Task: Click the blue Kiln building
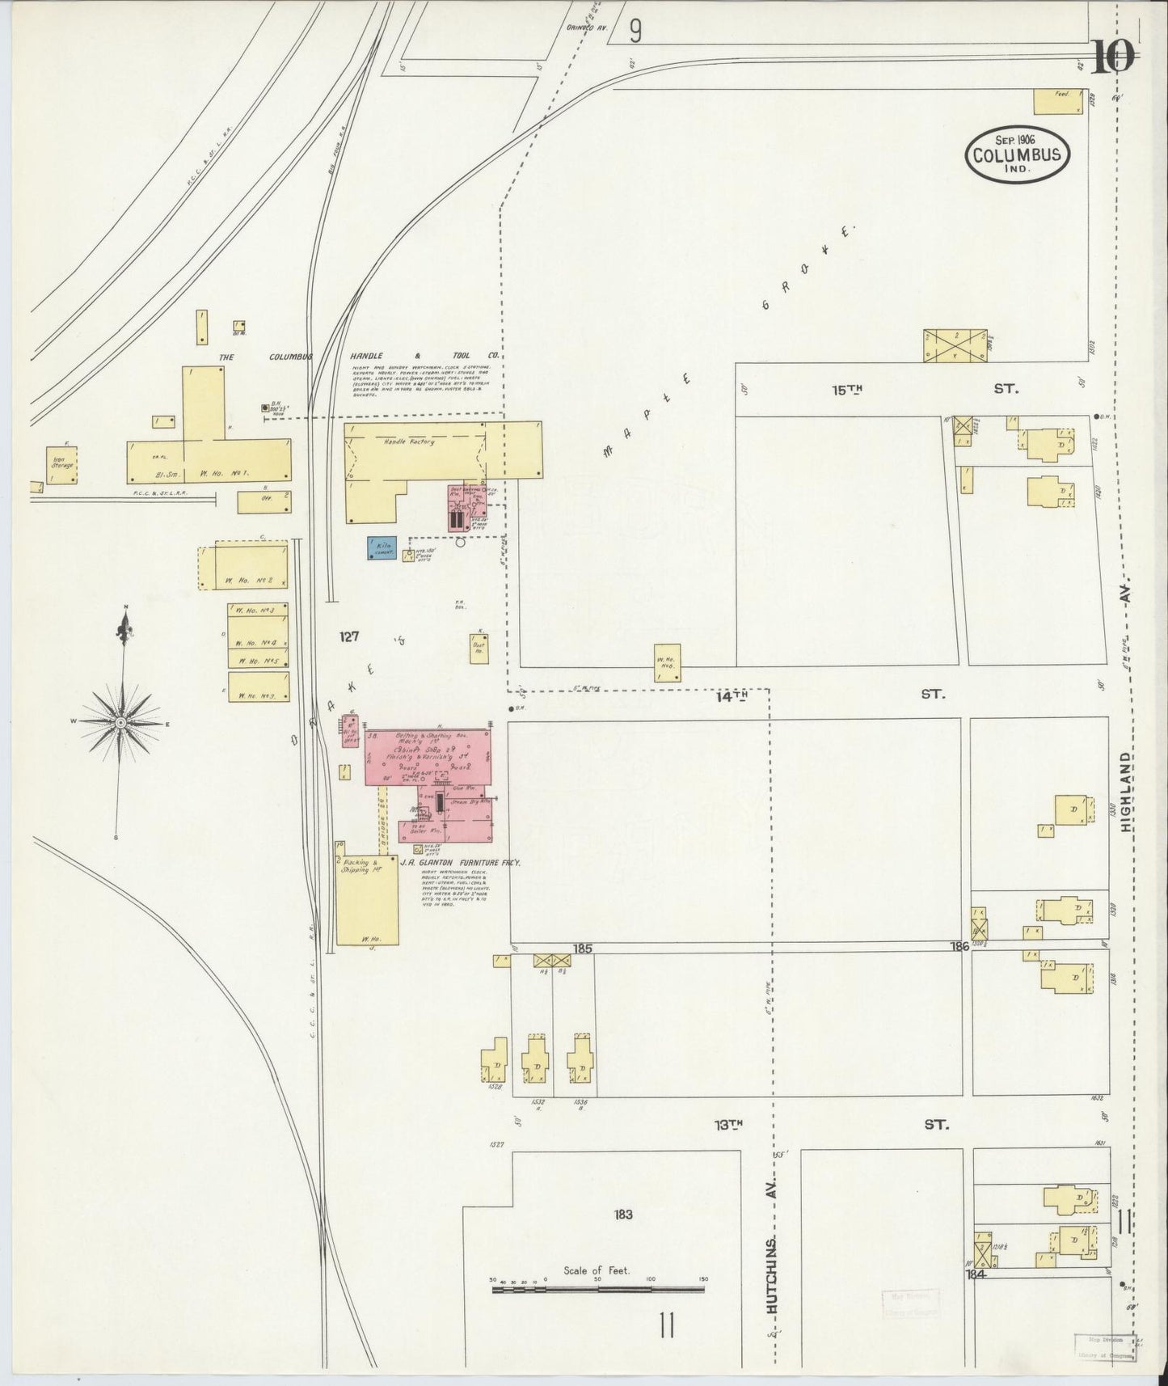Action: pyautogui.click(x=381, y=548)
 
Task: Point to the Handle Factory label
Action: pyautogui.click(x=411, y=442)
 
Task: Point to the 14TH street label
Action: pyautogui.click(x=732, y=695)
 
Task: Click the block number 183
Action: pyautogui.click(x=622, y=1215)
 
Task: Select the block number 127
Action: pyautogui.click(x=348, y=637)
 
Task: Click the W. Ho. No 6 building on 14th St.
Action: pyautogui.click(x=667, y=662)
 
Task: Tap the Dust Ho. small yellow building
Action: pyautogui.click(x=479, y=648)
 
